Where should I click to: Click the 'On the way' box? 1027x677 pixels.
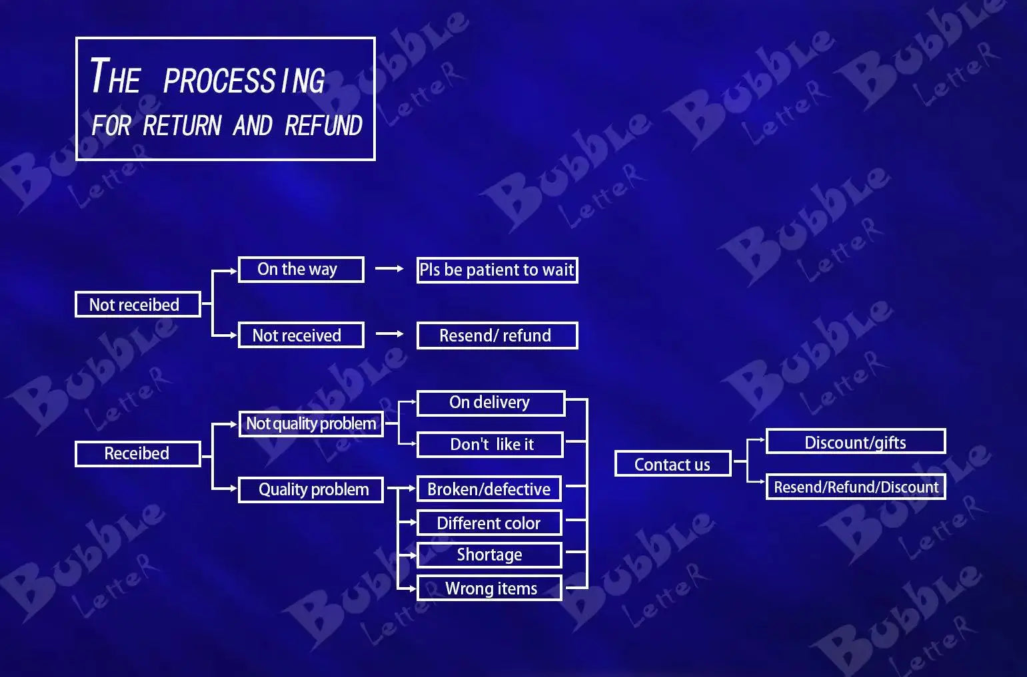coord(301,270)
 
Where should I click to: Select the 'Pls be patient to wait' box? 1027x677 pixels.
coord(497,270)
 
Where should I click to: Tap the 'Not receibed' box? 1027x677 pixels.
coord(138,304)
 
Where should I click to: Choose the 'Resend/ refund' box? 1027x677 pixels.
coord(497,336)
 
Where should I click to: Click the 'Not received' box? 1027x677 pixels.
coord(301,335)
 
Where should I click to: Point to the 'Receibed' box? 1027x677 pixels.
coord(138,454)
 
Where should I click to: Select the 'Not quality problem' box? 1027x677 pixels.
coord(311,424)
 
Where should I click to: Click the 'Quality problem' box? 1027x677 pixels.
coord(311,490)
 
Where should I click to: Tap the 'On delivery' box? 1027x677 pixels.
coord(491,403)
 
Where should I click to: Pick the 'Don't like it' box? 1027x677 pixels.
coord(490,444)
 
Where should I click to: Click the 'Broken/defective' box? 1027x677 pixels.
coord(489,489)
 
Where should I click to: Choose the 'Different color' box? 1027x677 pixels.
coord(489,523)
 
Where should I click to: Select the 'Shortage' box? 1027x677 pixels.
coord(489,555)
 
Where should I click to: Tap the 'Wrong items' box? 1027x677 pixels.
coord(489,588)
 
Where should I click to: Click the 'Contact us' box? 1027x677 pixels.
coord(672,463)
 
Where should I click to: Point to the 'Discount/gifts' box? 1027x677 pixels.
coord(856,441)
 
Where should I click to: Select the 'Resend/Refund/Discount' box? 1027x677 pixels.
coord(856,487)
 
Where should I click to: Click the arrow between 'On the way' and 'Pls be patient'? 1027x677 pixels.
coord(389,268)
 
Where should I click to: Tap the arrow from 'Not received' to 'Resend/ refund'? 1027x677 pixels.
coord(390,334)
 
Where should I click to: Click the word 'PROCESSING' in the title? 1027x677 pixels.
coord(245,81)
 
